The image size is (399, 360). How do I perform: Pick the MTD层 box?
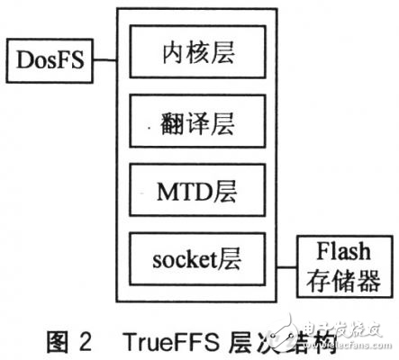[197, 192]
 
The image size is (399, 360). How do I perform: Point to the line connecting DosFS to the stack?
[106, 61]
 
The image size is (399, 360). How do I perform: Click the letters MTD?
[185, 192]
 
